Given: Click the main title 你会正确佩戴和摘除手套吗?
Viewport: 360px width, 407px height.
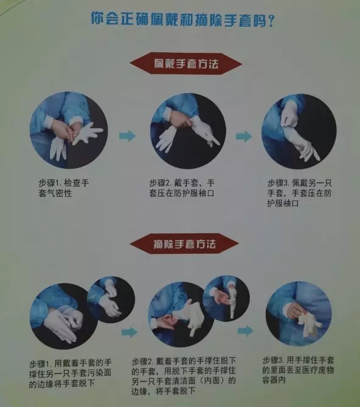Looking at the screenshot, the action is pyautogui.click(x=182, y=19).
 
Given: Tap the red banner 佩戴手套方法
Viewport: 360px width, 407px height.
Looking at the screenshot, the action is pyautogui.click(x=185, y=64).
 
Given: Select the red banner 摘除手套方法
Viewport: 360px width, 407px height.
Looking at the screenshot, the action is pyautogui.click(x=184, y=244).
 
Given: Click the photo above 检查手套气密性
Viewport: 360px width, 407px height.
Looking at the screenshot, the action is pyautogui.click(x=69, y=130).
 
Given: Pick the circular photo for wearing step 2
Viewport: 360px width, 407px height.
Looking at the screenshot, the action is pyautogui.click(x=188, y=131).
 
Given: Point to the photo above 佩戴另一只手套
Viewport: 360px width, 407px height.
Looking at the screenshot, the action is pyautogui.click(x=299, y=132).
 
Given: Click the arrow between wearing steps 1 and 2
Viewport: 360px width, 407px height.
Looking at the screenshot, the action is pyautogui.click(x=127, y=135).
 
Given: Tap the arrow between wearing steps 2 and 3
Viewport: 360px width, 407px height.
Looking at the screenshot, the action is pyautogui.click(x=244, y=136).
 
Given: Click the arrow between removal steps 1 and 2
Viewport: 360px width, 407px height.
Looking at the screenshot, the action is pyautogui.click(x=129, y=332).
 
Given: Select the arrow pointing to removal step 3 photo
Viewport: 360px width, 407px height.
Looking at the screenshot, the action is pyautogui.click(x=246, y=331).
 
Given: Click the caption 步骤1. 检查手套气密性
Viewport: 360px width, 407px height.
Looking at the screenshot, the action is pyautogui.click(x=64, y=188).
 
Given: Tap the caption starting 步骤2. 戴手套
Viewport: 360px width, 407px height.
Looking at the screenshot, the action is pyautogui.click(x=182, y=188).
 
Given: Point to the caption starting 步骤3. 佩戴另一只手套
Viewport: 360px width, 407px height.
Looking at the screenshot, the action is pyautogui.click(x=299, y=193).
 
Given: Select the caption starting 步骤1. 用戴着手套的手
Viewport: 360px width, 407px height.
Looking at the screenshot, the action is pyautogui.click(x=70, y=373).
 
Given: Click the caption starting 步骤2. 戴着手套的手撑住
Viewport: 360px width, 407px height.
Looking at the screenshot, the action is pyautogui.click(x=184, y=375).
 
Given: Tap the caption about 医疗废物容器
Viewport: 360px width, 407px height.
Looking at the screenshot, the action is pyautogui.click(x=298, y=370).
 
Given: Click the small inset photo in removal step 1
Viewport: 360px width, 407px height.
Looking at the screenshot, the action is pyautogui.click(x=111, y=299).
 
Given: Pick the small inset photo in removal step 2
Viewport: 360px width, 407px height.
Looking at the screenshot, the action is pyautogui.click(x=226, y=298).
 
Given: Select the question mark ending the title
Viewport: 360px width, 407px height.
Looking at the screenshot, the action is pyautogui.click(x=271, y=20).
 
